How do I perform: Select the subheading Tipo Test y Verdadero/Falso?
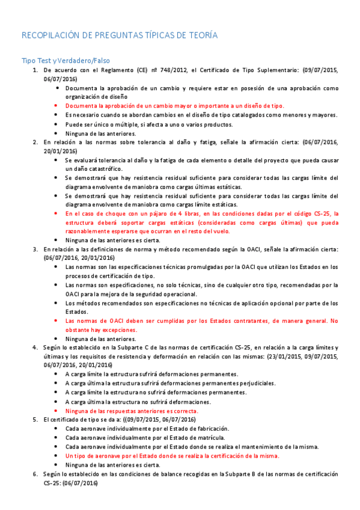click(x=66, y=61)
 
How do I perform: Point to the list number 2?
click(x=35, y=142)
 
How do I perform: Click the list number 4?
click(x=35, y=348)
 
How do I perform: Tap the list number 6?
click(x=35, y=474)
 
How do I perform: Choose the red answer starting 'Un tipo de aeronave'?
click(x=172, y=455)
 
